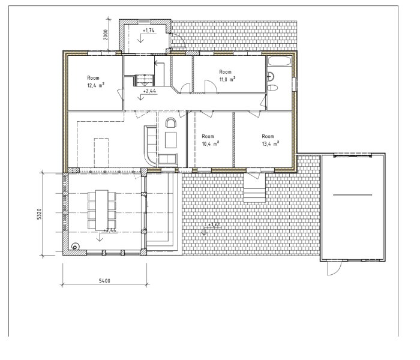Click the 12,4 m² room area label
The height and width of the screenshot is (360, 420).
coord(95,86)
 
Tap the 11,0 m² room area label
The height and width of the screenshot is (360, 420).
coord(227,80)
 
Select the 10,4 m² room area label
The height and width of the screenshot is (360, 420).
coord(210,144)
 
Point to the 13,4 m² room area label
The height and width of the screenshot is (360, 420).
coord(271,144)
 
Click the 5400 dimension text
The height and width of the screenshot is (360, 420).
coord(104,281)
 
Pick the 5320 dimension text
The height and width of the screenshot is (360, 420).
coord(40,214)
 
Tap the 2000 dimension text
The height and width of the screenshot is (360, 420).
coord(106,35)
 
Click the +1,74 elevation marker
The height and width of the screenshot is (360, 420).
coord(148,31)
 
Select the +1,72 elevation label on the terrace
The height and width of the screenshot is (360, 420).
coord(214,224)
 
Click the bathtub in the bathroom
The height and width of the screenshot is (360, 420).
coord(280,61)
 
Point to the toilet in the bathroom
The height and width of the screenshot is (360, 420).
coord(272,88)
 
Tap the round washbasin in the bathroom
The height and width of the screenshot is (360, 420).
coord(270,77)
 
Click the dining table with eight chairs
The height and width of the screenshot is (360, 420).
coord(102,210)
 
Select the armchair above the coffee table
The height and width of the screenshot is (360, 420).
coord(170,122)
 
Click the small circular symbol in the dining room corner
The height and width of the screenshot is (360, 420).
coord(75,247)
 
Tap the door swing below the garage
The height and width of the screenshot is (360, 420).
coord(334,268)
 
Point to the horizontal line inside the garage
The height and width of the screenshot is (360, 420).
coord(353,195)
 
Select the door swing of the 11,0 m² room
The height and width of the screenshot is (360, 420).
coord(211,86)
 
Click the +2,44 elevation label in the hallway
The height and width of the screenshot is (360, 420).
coord(149,91)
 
